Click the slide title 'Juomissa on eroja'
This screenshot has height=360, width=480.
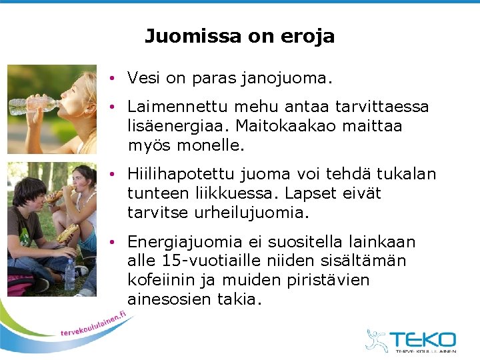(239, 36)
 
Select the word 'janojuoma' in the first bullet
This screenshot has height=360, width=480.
(294, 79)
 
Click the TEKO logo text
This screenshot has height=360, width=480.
(423, 339)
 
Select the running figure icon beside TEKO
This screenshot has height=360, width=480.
(376, 340)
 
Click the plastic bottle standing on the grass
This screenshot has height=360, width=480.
(70, 274)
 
